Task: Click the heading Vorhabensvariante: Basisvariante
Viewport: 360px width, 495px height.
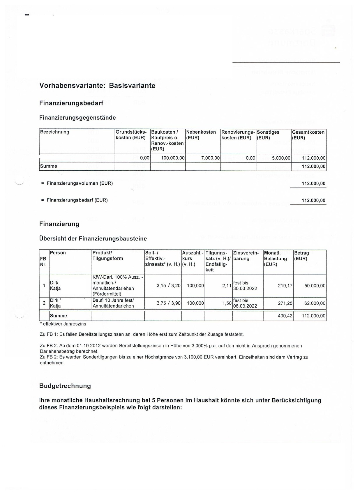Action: (x=97, y=86)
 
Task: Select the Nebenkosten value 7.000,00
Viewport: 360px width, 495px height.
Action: (x=210, y=158)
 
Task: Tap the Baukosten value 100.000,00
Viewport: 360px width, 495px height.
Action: (x=173, y=158)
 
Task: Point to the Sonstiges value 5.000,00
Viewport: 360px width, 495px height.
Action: (x=281, y=158)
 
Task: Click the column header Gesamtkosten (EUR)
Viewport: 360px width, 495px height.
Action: (x=308, y=135)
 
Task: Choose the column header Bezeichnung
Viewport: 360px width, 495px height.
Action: (x=55, y=132)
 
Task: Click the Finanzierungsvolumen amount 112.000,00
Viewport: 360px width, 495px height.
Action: (x=313, y=183)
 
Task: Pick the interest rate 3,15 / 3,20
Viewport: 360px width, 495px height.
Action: (x=168, y=286)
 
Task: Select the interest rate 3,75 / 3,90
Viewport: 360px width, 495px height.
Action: (x=168, y=303)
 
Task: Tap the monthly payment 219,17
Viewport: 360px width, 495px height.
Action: (x=285, y=286)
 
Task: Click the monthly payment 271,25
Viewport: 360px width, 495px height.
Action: (x=285, y=303)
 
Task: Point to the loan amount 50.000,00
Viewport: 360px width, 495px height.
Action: (x=315, y=286)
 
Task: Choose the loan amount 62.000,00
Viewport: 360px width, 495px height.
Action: (x=315, y=303)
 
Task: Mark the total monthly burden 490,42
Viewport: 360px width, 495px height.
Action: (x=285, y=316)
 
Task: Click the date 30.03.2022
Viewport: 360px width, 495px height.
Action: (x=245, y=289)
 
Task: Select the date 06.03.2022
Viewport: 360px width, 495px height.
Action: (x=245, y=306)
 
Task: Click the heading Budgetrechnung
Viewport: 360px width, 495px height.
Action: (x=65, y=386)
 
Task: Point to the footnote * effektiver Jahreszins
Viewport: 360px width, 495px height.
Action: (x=63, y=324)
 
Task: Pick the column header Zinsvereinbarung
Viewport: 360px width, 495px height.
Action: (x=246, y=256)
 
